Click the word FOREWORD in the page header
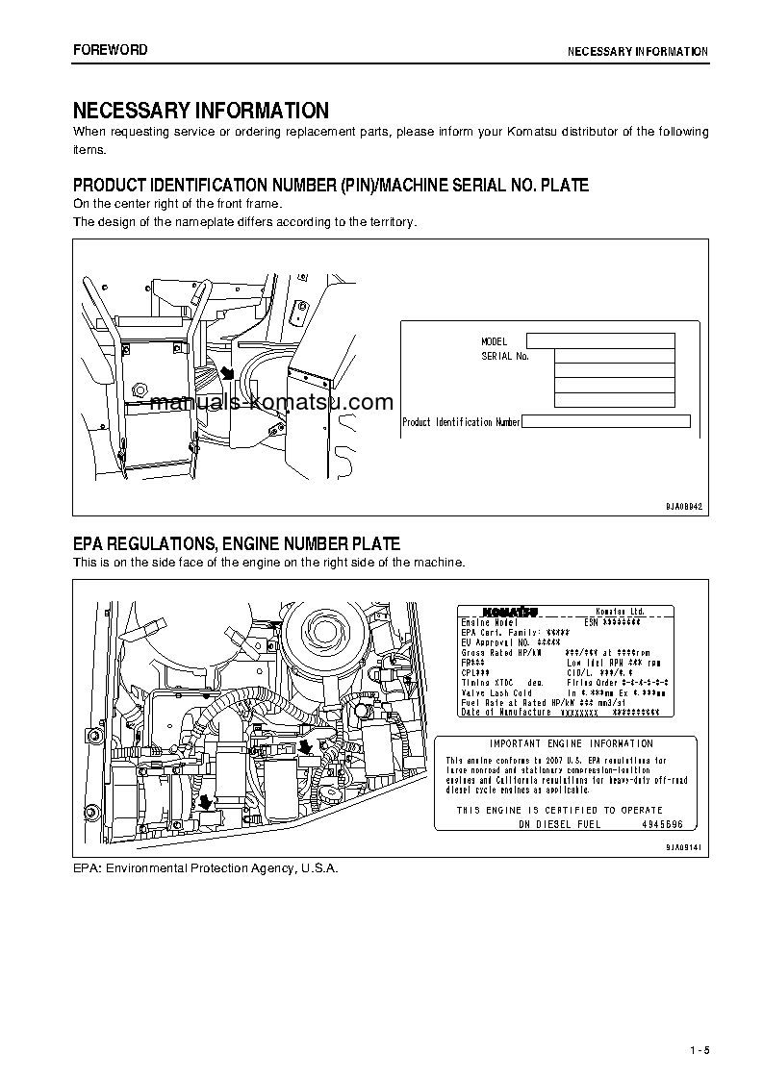coord(111,50)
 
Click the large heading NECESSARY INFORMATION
coord(201,111)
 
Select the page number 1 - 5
coord(699,1049)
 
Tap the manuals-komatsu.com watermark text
coord(272,402)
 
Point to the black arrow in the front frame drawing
coord(227,372)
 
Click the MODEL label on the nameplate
coord(494,341)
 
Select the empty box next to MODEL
coord(600,340)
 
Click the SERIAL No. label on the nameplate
coord(505,356)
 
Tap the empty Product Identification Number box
coord(606,421)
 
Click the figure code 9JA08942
coord(684,505)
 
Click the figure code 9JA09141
coord(684,846)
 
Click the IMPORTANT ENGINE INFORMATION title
coord(572,743)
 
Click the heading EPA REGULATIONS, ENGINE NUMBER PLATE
coord(237,544)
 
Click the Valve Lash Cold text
coord(497,692)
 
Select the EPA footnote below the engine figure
coord(206,868)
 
